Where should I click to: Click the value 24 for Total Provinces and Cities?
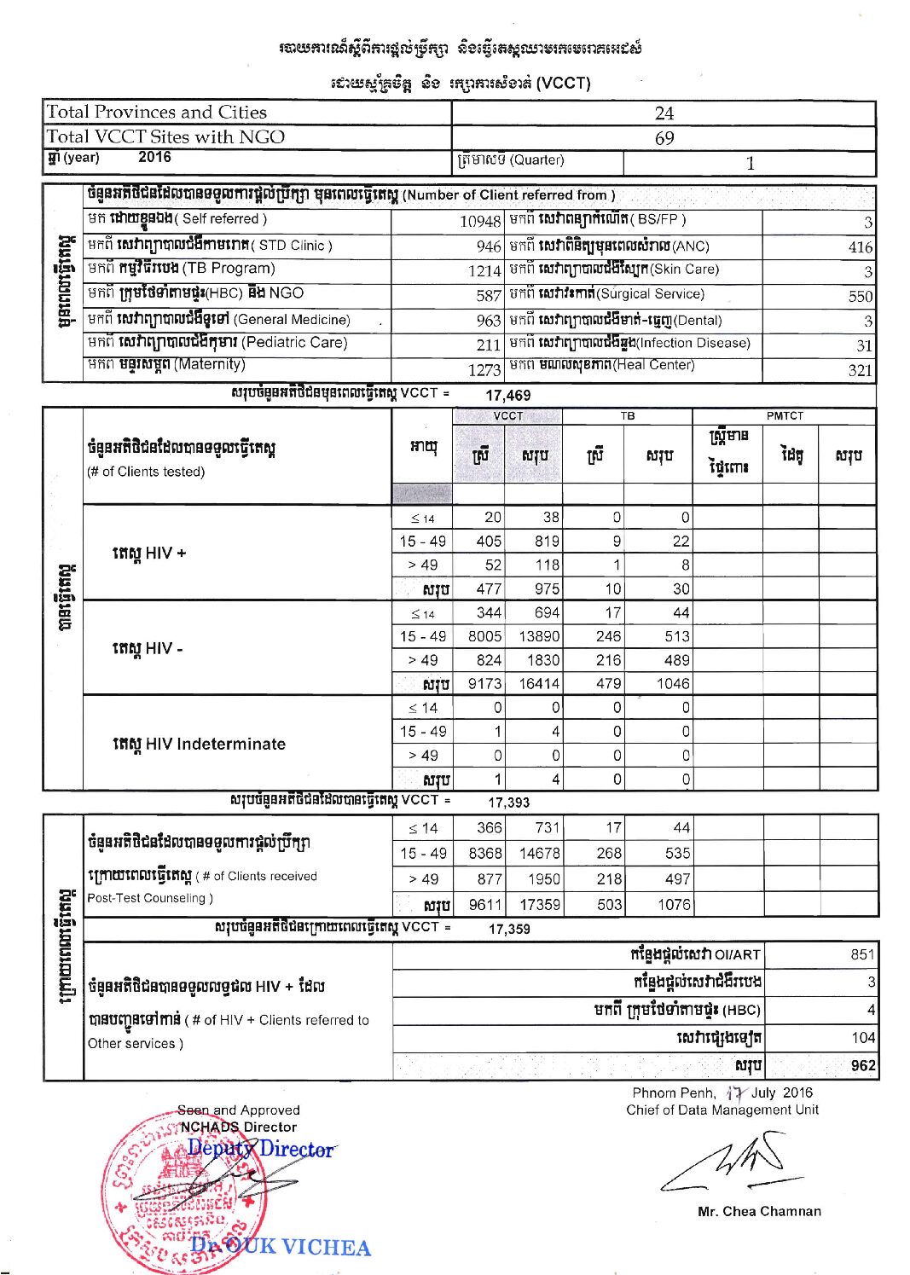point(664,113)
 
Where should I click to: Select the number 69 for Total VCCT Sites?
point(664,138)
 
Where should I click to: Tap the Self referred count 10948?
point(480,222)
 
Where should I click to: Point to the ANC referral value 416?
point(860,247)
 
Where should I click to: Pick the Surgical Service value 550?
point(860,297)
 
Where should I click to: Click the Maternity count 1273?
point(484,370)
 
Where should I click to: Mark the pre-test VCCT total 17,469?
point(507,396)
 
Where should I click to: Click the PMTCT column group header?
point(785,416)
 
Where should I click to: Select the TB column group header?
point(628,416)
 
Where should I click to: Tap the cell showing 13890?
point(539,636)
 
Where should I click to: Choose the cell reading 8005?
point(484,636)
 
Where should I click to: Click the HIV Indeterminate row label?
point(199,744)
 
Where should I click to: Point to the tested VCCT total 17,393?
point(508,803)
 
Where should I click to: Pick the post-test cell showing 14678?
point(539,853)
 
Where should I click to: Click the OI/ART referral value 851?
point(862,954)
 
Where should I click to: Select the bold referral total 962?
point(862,1066)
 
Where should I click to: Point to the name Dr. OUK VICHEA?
point(281,1247)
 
